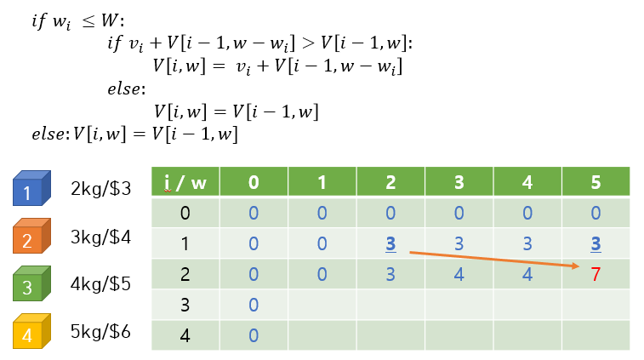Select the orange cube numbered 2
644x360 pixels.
(31, 238)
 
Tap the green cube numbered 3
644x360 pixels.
(31, 285)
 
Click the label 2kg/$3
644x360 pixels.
(101, 189)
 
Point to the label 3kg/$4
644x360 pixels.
(101, 237)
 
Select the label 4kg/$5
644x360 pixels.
(101, 283)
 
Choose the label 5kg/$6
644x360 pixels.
(101, 331)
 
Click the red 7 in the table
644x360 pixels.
(595, 274)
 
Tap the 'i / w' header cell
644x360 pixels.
(185, 182)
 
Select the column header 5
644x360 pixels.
(595, 182)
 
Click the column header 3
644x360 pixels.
(459, 182)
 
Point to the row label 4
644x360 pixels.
(185, 335)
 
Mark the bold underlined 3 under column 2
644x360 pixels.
(390, 243)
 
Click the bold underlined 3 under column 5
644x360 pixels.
(595, 243)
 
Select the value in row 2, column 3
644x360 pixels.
(459, 274)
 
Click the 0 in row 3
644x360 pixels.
(254, 305)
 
